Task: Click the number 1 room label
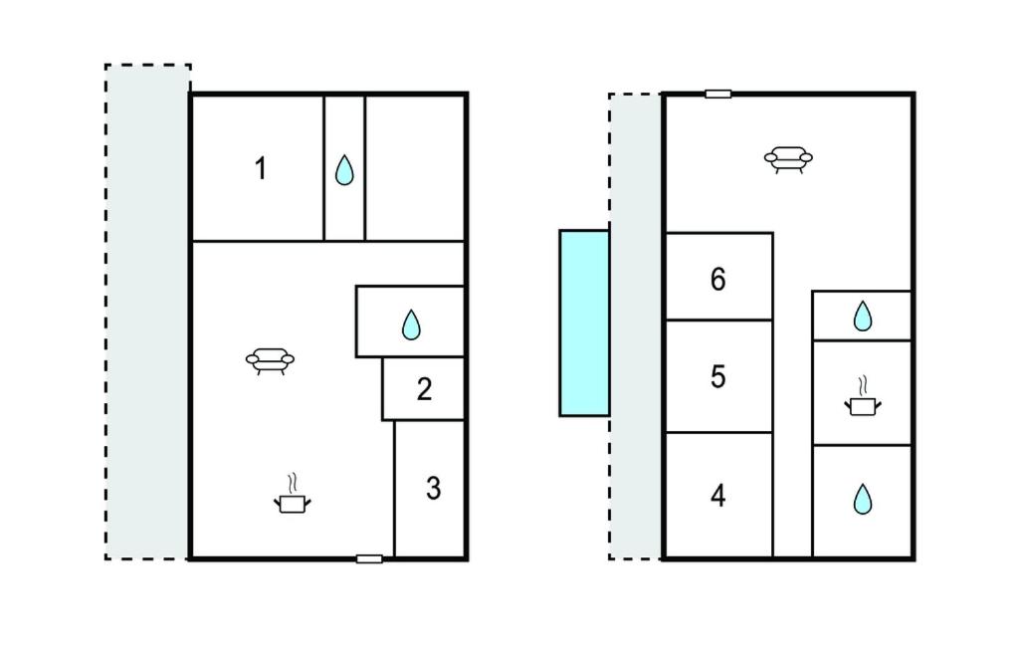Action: (261, 168)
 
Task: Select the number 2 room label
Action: (424, 389)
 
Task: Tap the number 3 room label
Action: (434, 488)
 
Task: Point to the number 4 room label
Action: (718, 496)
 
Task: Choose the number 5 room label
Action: (718, 376)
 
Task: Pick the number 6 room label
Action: (718, 279)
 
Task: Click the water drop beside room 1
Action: (344, 170)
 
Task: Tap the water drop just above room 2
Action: (411, 324)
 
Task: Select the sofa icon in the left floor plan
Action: (270, 361)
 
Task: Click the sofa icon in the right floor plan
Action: (788, 159)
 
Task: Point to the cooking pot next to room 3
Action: (292, 495)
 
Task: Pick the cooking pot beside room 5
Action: (863, 397)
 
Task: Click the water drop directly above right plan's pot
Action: (863, 317)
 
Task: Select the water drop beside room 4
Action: (863, 499)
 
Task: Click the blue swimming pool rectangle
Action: (584, 323)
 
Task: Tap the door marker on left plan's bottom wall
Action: (369, 558)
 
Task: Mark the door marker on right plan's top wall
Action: (718, 95)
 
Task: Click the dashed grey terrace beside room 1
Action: (147, 312)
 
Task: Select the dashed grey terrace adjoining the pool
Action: (636, 325)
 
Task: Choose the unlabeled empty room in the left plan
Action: (415, 168)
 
